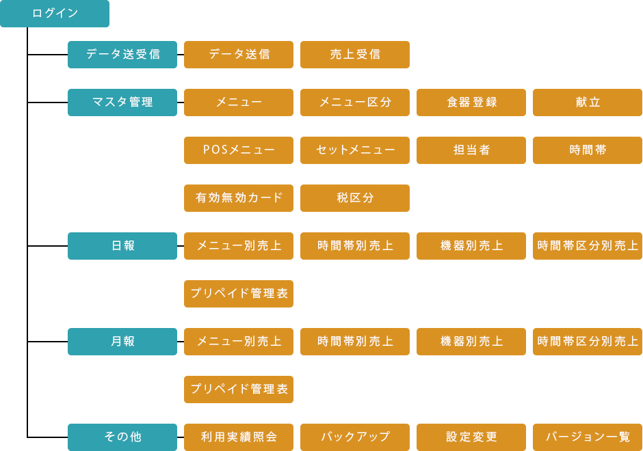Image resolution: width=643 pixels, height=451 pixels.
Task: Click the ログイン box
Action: click(x=55, y=14)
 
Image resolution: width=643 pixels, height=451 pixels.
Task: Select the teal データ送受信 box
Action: click(x=122, y=55)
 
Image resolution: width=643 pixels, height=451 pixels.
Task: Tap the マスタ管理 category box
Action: click(x=122, y=102)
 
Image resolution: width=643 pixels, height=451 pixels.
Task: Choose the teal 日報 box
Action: click(x=122, y=246)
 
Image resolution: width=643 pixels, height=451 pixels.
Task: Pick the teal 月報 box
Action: click(x=122, y=342)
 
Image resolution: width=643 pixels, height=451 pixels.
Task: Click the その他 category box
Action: click(x=122, y=437)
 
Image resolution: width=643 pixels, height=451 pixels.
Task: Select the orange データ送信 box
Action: click(x=239, y=55)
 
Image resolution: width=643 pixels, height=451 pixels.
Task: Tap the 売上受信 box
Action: click(x=355, y=55)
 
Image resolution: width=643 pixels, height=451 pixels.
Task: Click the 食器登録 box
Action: click(x=471, y=102)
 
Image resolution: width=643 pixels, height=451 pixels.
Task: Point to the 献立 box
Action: click(x=587, y=102)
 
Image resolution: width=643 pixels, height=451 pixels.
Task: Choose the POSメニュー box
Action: click(x=239, y=150)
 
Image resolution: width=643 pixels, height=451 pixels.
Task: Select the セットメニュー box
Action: click(x=355, y=150)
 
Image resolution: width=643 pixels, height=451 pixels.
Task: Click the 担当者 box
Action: click(x=471, y=150)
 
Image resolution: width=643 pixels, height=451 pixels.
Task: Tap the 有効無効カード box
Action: click(x=239, y=198)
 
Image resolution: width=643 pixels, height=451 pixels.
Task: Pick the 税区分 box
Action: click(x=355, y=198)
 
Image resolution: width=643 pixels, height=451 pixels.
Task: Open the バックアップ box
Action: click(x=355, y=437)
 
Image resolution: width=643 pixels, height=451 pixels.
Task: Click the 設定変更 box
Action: click(x=471, y=437)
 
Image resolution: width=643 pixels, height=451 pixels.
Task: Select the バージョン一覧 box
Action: click(x=587, y=437)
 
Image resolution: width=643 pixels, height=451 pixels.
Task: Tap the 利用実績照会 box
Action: click(x=239, y=437)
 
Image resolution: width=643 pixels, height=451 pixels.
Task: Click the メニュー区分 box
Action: click(x=355, y=102)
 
